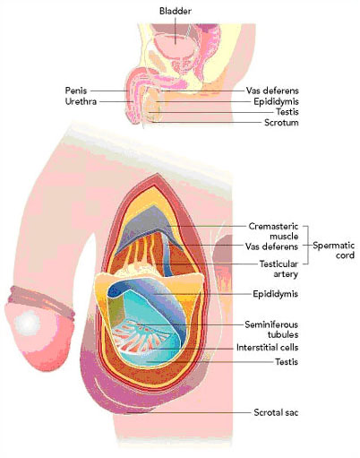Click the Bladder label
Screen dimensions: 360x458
[x=176, y=12]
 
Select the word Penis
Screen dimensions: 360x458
[x=76, y=91]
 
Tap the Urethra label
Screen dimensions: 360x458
[x=81, y=101]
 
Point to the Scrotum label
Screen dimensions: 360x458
[x=281, y=123]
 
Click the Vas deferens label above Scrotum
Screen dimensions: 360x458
[x=272, y=91]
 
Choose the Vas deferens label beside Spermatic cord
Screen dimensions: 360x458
[x=271, y=246]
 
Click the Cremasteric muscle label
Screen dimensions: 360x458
[x=273, y=231]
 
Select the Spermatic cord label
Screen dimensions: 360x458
[x=334, y=250]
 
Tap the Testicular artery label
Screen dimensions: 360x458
[x=279, y=269]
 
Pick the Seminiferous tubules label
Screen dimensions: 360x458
[x=271, y=329]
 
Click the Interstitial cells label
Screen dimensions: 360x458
[x=267, y=348]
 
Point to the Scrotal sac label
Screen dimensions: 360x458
[x=276, y=412]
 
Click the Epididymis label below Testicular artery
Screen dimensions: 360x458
[x=275, y=294]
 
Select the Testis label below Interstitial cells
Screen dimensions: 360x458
[x=287, y=362]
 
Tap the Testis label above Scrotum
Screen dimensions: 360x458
[x=287, y=112]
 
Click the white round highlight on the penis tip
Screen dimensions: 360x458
[x=28, y=323]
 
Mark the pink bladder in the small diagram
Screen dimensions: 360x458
[x=175, y=46]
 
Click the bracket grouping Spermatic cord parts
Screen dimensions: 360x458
[x=306, y=245]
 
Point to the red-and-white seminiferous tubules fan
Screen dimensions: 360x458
[x=138, y=335]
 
